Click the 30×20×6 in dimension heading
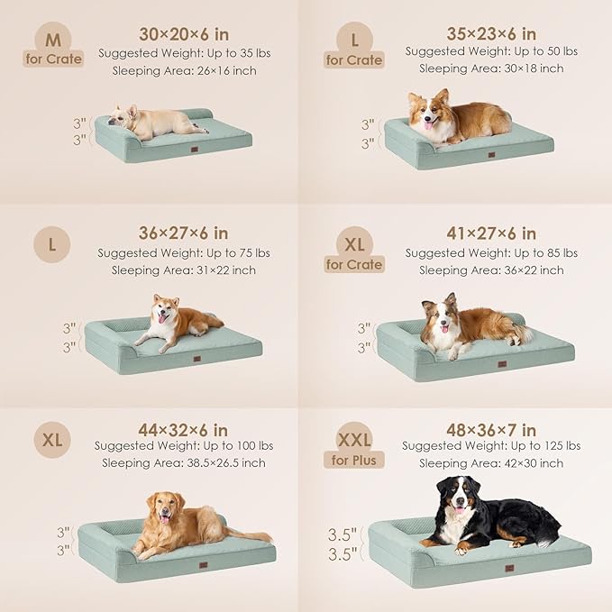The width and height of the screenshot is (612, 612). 184,32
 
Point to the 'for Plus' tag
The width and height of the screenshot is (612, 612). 355,461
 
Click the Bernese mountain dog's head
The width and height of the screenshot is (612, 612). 455,496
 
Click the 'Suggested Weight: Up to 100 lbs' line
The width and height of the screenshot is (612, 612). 184,446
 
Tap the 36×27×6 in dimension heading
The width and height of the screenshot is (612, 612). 184,233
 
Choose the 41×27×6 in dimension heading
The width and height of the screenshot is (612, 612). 491,233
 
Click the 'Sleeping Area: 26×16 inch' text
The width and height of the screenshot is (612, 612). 184,69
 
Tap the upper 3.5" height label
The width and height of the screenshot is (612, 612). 343,534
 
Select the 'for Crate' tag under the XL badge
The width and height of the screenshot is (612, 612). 355,264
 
